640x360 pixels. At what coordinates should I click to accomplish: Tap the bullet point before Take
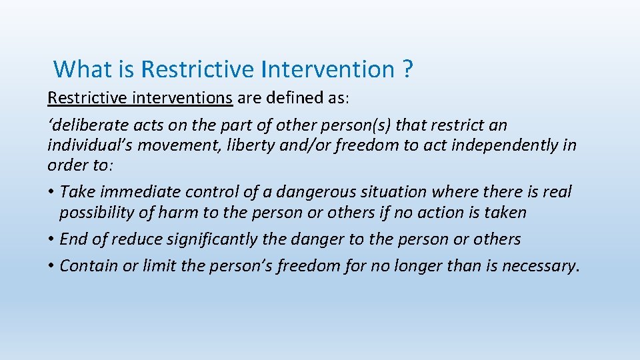click(x=51, y=193)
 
